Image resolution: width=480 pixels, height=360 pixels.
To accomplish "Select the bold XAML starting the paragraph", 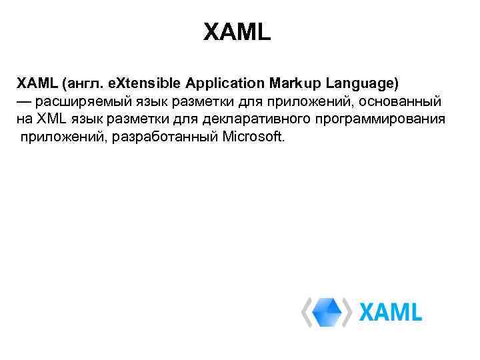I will [37, 84].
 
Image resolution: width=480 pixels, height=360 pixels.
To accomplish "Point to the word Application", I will [227, 84].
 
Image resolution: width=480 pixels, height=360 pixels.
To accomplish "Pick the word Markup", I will [295, 84].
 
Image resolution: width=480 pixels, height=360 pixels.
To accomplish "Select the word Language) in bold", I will [361, 84].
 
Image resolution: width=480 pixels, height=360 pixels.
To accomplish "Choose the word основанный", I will [405, 102].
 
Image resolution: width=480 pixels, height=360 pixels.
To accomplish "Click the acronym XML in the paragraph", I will [52, 120].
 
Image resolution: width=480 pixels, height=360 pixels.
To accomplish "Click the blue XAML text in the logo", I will [391, 312].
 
